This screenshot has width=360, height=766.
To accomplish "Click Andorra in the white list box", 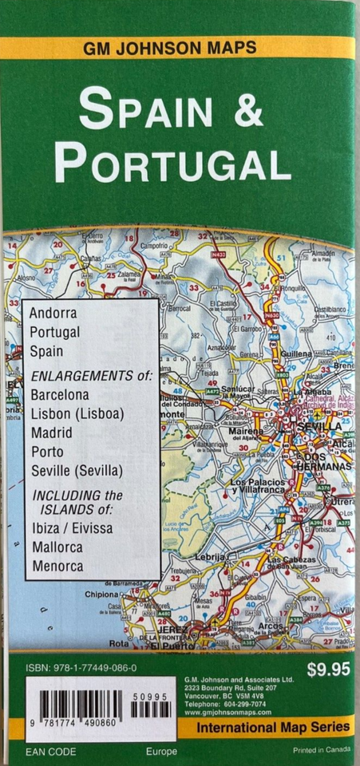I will pos(53,312).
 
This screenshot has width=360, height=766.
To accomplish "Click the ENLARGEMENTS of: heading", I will pos(90,374).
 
